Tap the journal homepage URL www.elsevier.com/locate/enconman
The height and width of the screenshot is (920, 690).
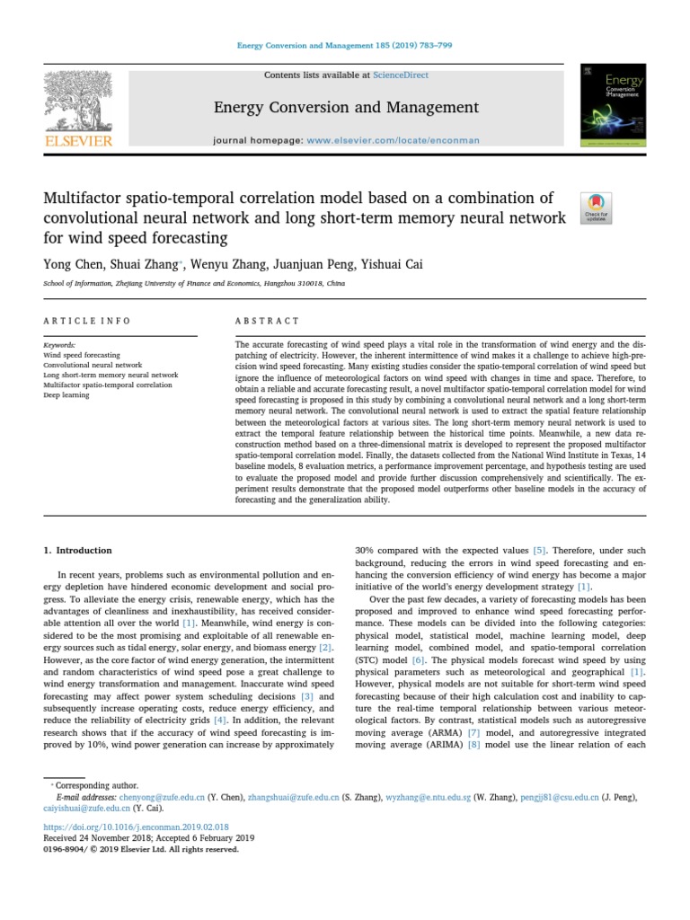point(393,140)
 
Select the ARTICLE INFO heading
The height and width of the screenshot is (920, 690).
point(87,321)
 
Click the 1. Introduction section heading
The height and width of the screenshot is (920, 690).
point(78,550)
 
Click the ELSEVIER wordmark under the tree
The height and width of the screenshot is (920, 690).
point(79,141)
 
